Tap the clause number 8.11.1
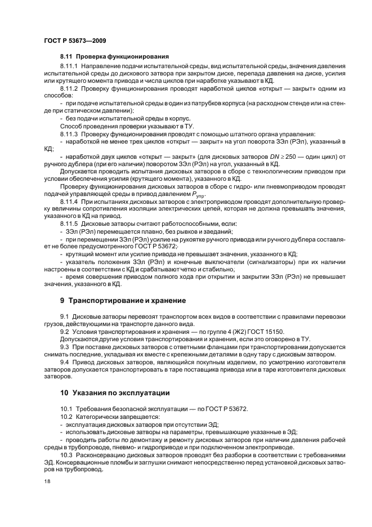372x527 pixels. pos(70,67)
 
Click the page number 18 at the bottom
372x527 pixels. pos(47,482)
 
